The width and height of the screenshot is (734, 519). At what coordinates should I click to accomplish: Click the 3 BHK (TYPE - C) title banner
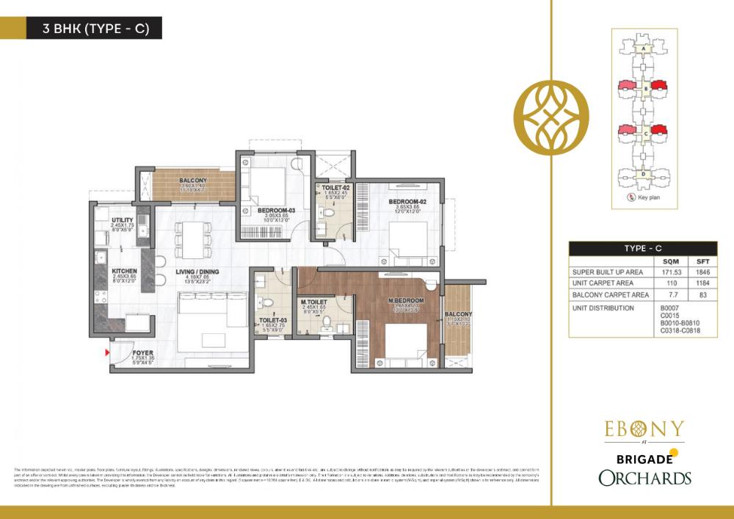coord(92,29)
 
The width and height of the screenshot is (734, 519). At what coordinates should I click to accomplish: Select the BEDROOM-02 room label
coord(407,202)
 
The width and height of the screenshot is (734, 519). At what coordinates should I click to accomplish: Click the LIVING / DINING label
coord(197,272)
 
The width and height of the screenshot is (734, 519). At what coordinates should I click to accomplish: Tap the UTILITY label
coord(122,220)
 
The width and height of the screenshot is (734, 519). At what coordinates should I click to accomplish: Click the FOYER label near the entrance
coord(133,352)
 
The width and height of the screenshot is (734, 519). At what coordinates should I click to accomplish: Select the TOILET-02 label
coord(335,189)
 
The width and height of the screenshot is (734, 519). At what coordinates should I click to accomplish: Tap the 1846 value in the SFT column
coord(703,272)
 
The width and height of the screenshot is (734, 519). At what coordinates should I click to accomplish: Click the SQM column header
coord(669,261)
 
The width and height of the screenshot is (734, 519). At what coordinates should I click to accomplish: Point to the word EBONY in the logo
coord(644,429)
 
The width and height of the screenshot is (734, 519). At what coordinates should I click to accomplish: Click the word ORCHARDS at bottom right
coord(644,478)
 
